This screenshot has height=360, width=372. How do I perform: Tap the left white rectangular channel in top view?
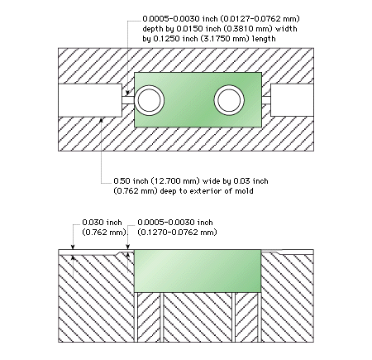click(90, 100)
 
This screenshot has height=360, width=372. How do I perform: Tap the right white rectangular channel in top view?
click(292, 100)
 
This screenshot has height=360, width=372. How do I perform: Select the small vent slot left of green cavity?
click(128, 100)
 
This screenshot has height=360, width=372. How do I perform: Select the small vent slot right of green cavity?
click(266, 100)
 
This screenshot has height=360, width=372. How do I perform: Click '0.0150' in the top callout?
click(187, 29)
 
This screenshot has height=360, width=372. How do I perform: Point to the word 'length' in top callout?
click(264, 39)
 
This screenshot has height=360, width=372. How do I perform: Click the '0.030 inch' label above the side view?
click(102, 223)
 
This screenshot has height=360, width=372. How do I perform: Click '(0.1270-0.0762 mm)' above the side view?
click(177, 233)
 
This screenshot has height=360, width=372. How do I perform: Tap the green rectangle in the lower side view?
click(198, 271)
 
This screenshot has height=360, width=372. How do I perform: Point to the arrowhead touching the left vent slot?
click(127, 93)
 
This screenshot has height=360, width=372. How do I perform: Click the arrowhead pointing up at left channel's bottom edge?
click(101, 120)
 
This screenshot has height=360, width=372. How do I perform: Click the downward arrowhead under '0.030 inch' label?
click(73, 247)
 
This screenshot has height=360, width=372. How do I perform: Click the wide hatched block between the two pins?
click(198, 317)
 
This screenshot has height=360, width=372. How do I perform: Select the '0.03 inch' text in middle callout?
click(250, 181)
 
